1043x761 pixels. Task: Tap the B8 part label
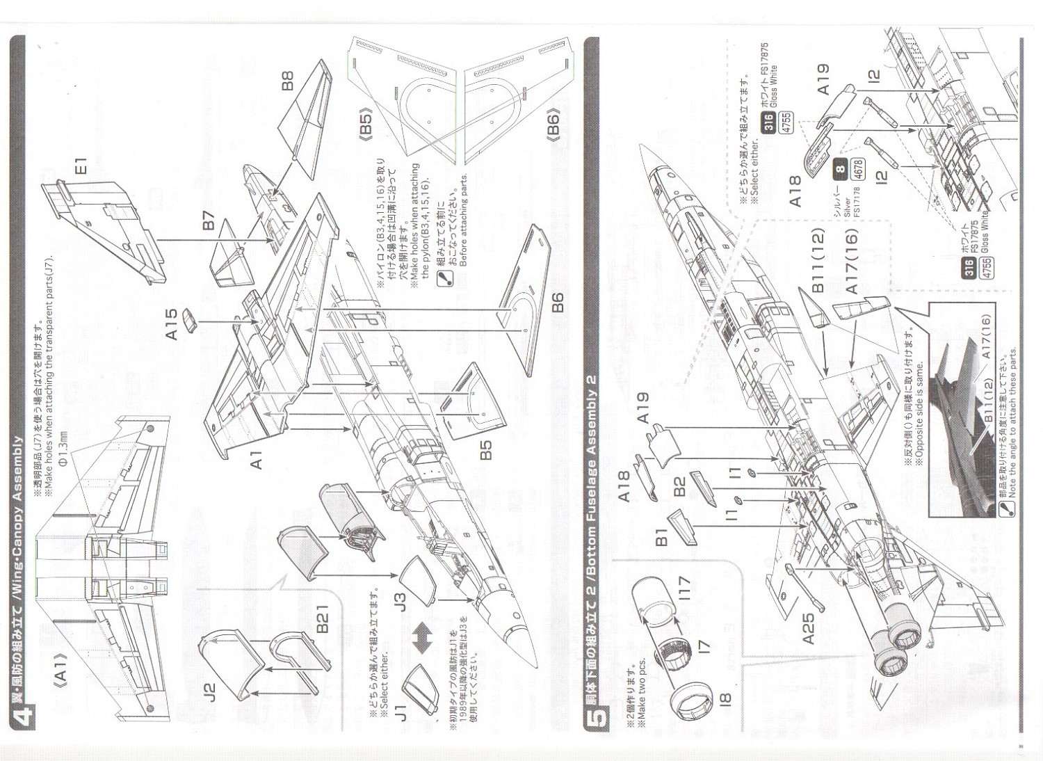pyautogui.click(x=288, y=81)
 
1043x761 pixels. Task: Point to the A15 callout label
pyautogui.click(x=171, y=324)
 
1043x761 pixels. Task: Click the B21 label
pyautogui.click(x=323, y=616)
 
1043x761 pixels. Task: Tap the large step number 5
pyautogui.click(x=599, y=714)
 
